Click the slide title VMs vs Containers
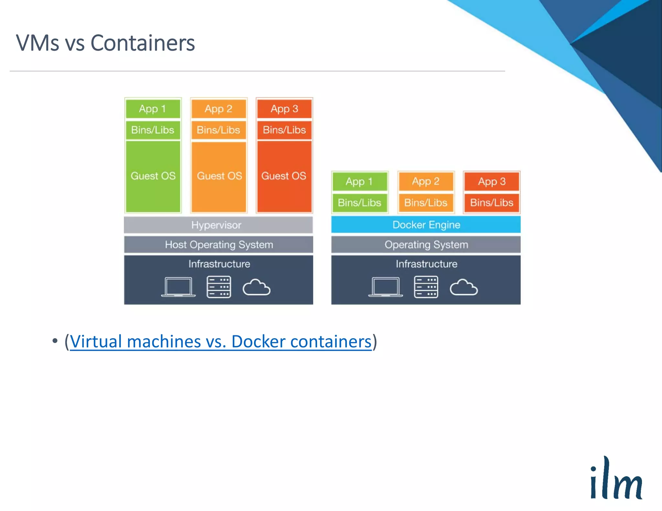[105, 43]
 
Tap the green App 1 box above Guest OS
[153, 109]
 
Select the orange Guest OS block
[219, 176]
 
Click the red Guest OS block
[284, 176]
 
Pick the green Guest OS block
[153, 176]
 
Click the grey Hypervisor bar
[218, 225]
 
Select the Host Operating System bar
[219, 245]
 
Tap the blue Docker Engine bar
[426, 224]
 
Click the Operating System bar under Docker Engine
[426, 245]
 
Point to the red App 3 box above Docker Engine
[492, 182]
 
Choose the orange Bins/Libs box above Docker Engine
[426, 203]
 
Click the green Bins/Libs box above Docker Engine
[359, 203]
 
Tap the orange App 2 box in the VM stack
[219, 109]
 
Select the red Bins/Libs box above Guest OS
[284, 130]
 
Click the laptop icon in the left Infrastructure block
[178, 287]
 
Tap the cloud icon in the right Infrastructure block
[464, 287]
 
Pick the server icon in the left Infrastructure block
[219, 287]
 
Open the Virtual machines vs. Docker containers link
[220, 342]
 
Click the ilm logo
[616, 478]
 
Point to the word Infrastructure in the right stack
[426, 264]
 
